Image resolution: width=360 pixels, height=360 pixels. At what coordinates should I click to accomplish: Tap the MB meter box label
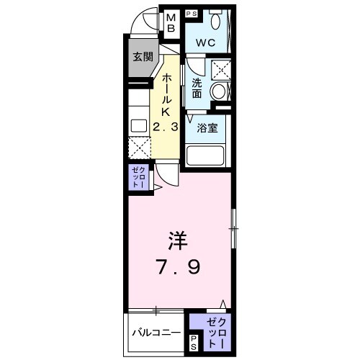click(x=173, y=22)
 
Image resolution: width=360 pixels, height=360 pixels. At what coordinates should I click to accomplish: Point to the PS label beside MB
click(x=192, y=13)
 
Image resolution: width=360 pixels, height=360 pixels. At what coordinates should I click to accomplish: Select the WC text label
click(x=207, y=42)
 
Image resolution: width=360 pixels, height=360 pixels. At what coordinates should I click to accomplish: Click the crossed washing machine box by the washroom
click(x=221, y=69)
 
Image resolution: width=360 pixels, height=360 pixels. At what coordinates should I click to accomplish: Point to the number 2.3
click(x=164, y=127)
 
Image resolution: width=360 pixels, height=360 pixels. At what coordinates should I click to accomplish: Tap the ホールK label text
click(x=166, y=94)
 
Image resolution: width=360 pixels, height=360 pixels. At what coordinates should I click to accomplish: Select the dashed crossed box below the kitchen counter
click(x=140, y=148)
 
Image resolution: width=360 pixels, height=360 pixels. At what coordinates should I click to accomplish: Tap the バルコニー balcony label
click(x=156, y=333)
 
